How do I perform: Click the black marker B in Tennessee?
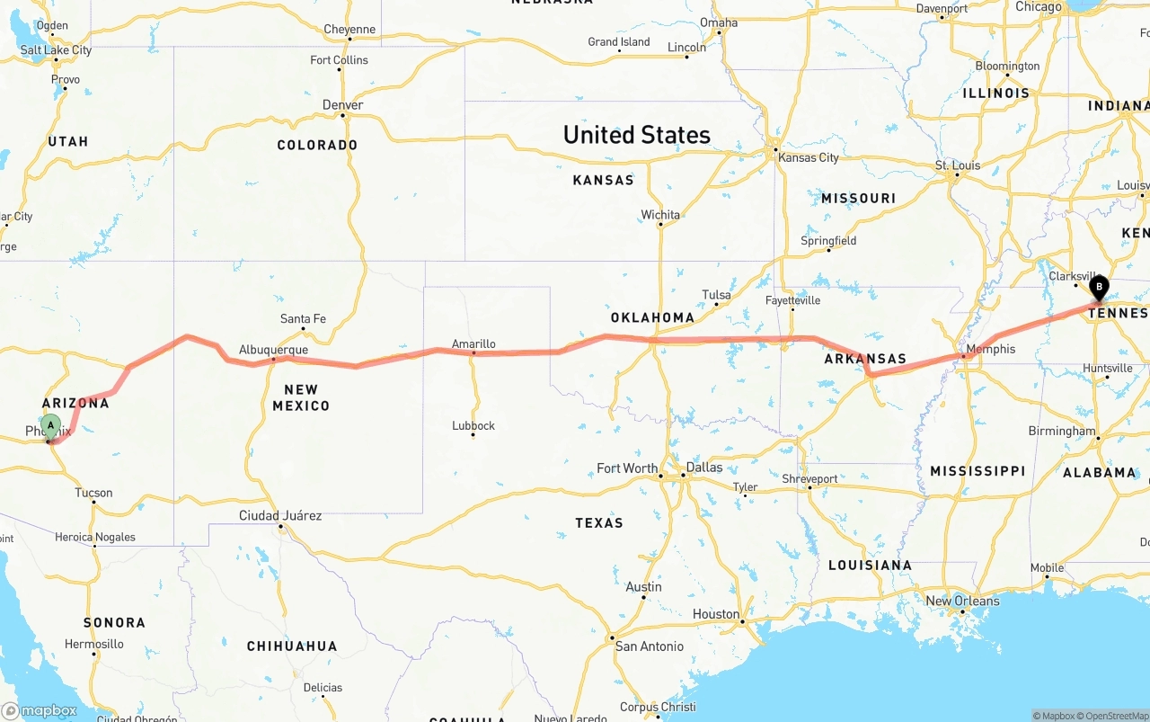click(1099, 288)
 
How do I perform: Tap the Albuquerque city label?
click(273, 350)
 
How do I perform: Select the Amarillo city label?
click(473, 343)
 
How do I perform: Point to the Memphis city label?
click(990, 349)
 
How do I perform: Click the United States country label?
click(636, 135)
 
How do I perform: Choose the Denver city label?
click(343, 105)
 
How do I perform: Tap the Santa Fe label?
click(303, 319)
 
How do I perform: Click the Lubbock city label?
click(473, 425)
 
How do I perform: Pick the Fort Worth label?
click(627, 468)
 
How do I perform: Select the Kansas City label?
click(809, 157)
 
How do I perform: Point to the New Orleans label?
click(962, 601)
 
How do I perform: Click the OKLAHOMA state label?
click(652, 317)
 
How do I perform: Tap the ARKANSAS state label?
click(865, 359)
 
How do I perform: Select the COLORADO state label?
click(317, 145)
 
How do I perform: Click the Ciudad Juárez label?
click(280, 516)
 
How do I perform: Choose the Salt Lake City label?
click(56, 50)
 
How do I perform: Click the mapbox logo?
click(40, 710)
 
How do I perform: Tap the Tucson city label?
click(93, 493)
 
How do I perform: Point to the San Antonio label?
click(649, 646)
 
